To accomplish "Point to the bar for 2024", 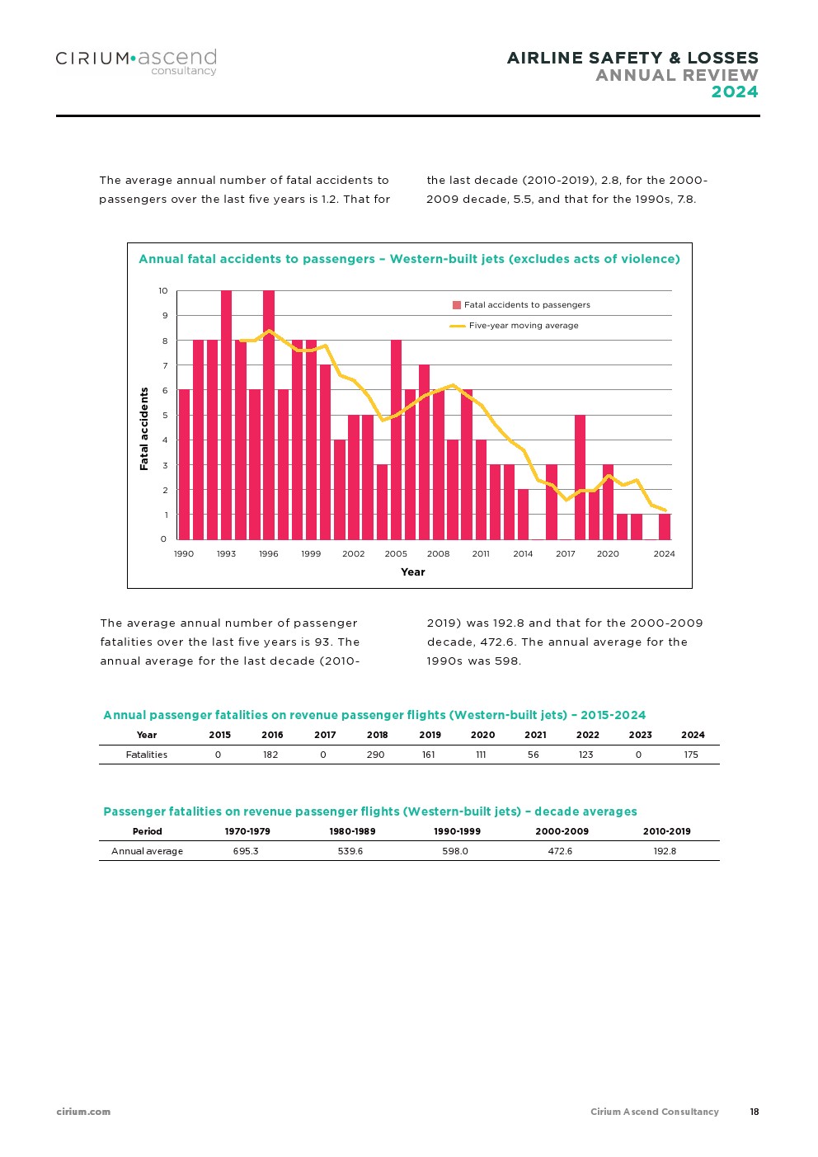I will point(665,527).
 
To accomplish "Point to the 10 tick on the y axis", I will point(163,290).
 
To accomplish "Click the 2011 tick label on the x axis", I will point(481,553).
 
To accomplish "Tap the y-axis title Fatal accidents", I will point(144,429).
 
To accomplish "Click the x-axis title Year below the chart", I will point(413,571).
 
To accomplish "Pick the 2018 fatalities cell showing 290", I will point(376,755).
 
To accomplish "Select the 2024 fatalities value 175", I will point(691,755).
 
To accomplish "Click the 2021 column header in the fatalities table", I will point(535,735).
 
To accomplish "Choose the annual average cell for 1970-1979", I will point(246,851).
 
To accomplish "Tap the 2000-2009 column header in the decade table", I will point(562,831).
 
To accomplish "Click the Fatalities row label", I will point(147,755).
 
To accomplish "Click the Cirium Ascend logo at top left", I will point(136,61).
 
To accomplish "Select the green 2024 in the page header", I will point(735,92).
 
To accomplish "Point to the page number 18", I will point(755,1112).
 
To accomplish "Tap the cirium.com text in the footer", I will point(83,1112).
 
